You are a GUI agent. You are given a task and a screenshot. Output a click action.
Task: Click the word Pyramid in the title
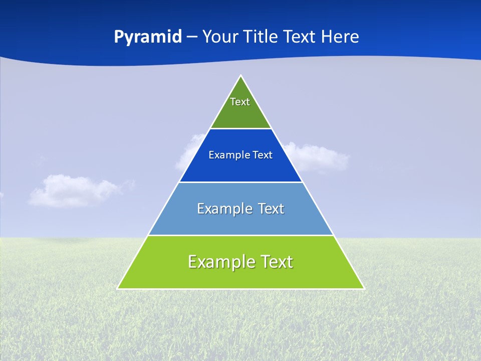tap(147, 37)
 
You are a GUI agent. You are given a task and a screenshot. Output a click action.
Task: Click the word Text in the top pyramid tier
tap(240, 102)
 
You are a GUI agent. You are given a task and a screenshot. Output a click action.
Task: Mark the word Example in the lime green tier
tap(218, 262)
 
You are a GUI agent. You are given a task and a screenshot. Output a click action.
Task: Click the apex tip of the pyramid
tap(241, 76)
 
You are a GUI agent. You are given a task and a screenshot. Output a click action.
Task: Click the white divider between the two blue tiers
tap(241, 182)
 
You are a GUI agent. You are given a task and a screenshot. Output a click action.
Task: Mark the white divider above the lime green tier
tap(241, 235)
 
